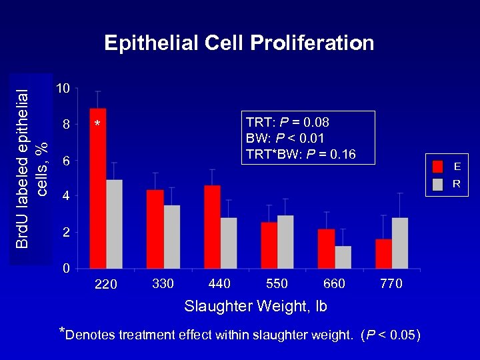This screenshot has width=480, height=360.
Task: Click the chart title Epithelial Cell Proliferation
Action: [x=239, y=44]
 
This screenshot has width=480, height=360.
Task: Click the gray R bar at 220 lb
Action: [x=115, y=224]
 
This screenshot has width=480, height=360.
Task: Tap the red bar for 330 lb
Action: [x=155, y=229]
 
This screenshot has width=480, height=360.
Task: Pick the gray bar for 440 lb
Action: [x=229, y=243]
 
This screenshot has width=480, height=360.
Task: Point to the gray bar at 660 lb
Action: [x=343, y=257]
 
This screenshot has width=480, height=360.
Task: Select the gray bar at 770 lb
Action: [x=400, y=243]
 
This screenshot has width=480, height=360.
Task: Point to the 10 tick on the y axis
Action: [x=62, y=89]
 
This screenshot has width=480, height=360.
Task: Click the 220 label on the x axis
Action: [x=106, y=285]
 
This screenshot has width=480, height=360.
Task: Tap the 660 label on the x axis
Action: [x=334, y=284]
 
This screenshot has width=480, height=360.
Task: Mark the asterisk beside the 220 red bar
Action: [x=97, y=125]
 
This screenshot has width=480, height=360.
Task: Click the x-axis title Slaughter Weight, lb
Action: [x=255, y=307]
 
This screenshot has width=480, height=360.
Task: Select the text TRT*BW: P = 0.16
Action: [x=301, y=155]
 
